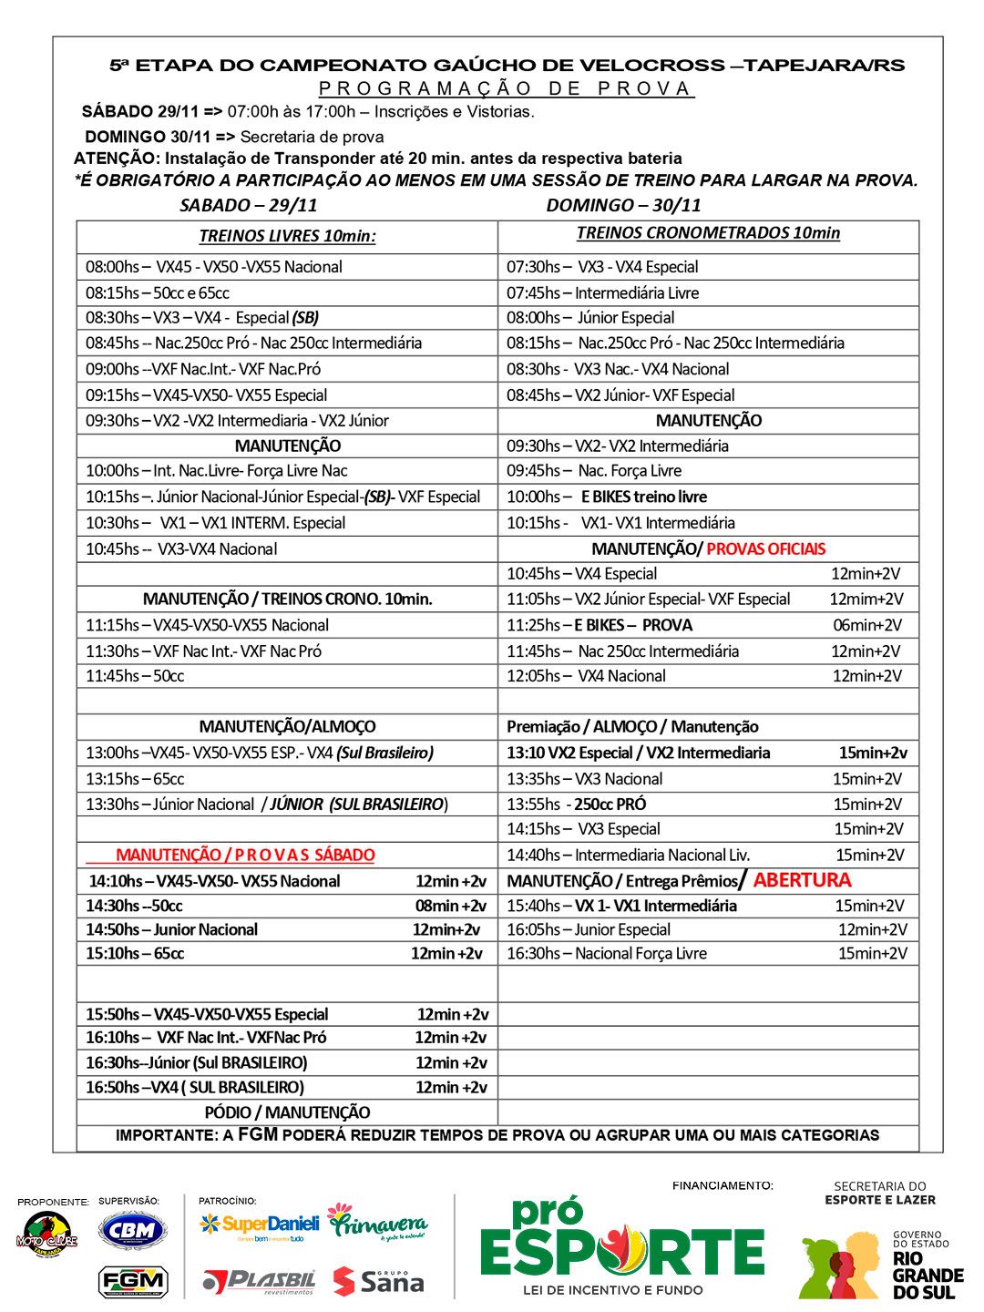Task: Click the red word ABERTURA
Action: coord(802,880)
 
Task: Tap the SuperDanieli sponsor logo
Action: coord(259,1225)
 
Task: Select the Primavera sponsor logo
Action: coord(377,1223)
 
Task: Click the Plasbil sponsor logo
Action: coord(259,1281)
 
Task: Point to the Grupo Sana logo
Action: coord(378,1281)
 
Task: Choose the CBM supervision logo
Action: coord(132,1232)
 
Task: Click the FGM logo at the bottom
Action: coord(132,1281)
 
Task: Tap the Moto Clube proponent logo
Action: coord(47,1236)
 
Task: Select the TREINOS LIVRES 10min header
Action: coord(287,236)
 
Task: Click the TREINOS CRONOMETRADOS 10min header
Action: coord(708,233)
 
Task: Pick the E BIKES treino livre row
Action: coord(643,497)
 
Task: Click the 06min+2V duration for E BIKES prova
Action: coord(866,625)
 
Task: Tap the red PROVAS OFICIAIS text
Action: coord(765,548)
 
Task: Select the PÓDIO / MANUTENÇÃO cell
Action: coord(287,1112)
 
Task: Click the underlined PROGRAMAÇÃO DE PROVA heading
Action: coord(506,88)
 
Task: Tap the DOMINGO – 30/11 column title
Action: coord(623,205)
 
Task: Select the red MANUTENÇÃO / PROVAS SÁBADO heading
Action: coord(245,855)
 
